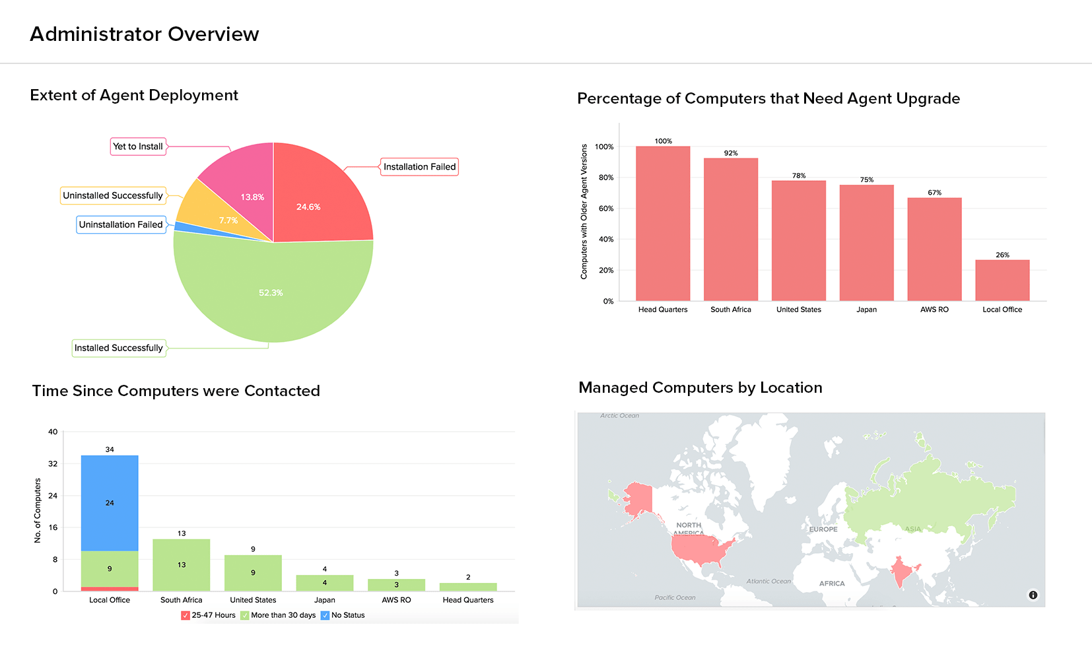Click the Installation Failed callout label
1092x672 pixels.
(x=419, y=167)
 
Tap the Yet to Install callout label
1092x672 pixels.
(x=137, y=147)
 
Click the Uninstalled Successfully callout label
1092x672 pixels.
(x=112, y=195)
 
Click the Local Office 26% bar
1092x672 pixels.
(x=1002, y=281)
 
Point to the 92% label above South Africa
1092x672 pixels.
(x=731, y=153)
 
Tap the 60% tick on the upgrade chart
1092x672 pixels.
(x=605, y=209)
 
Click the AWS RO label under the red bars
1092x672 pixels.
(x=934, y=310)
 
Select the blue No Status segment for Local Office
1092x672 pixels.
(x=110, y=502)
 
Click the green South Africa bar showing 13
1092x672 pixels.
(x=182, y=565)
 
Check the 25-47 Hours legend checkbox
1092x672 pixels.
(x=186, y=615)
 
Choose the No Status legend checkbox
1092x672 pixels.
(x=325, y=615)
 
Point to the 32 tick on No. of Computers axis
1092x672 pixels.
(x=53, y=464)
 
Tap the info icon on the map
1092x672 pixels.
(x=1033, y=595)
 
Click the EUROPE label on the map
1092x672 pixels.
(x=823, y=529)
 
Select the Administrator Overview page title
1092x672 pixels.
(x=145, y=34)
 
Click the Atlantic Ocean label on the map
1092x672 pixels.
(x=768, y=582)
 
